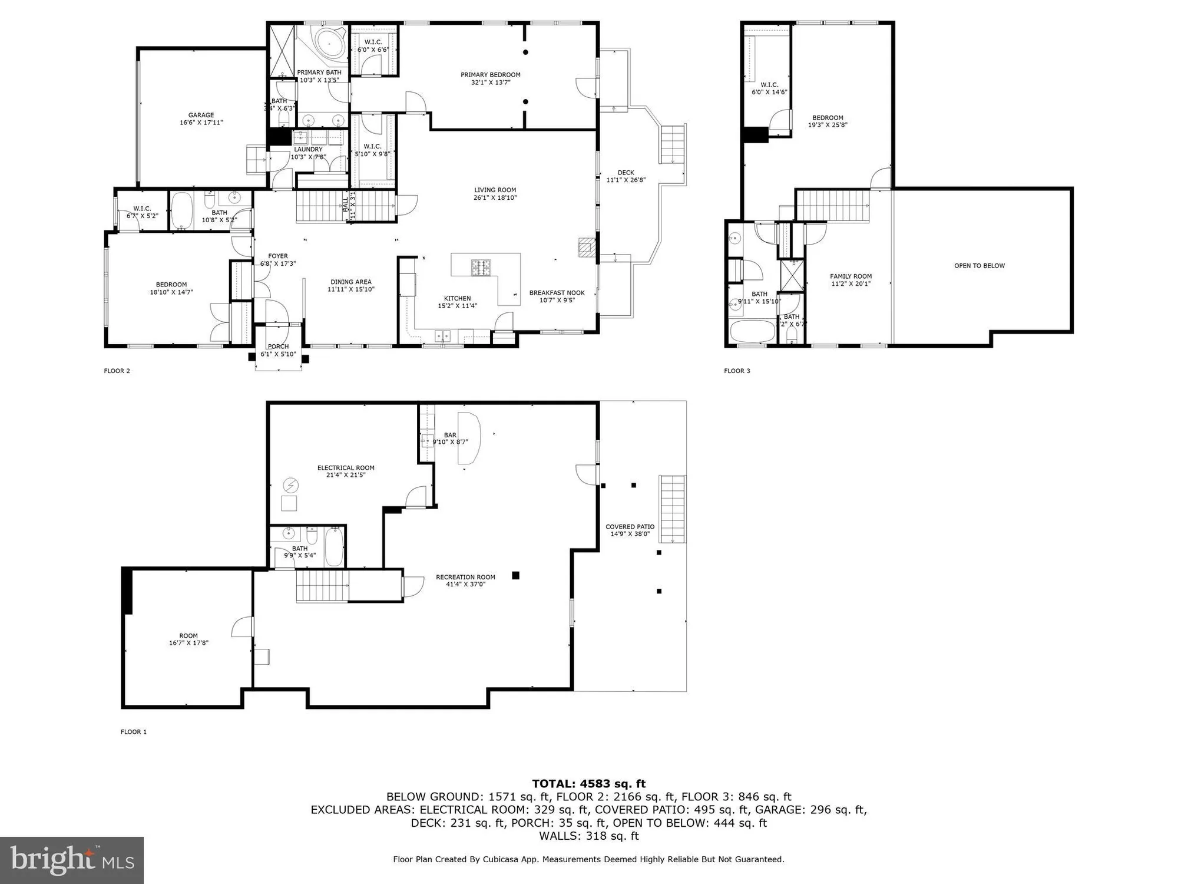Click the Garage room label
[x=201, y=116]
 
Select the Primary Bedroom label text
[x=490, y=75]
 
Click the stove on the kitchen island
[x=481, y=268]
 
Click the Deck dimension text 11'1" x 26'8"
[x=626, y=180]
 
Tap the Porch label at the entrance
[x=278, y=347]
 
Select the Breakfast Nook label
[x=557, y=293]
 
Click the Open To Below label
[x=979, y=266]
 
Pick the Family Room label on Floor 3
[x=851, y=276]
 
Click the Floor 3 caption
[x=737, y=371]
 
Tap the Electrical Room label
[x=346, y=468]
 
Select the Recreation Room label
[x=465, y=577]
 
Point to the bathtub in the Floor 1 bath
[x=333, y=547]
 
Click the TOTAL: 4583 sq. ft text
[x=588, y=784]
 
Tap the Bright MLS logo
[x=71, y=860]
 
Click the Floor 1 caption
[x=134, y=732]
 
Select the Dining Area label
[x=350, y=282]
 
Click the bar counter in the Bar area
[x=471, y=436]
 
